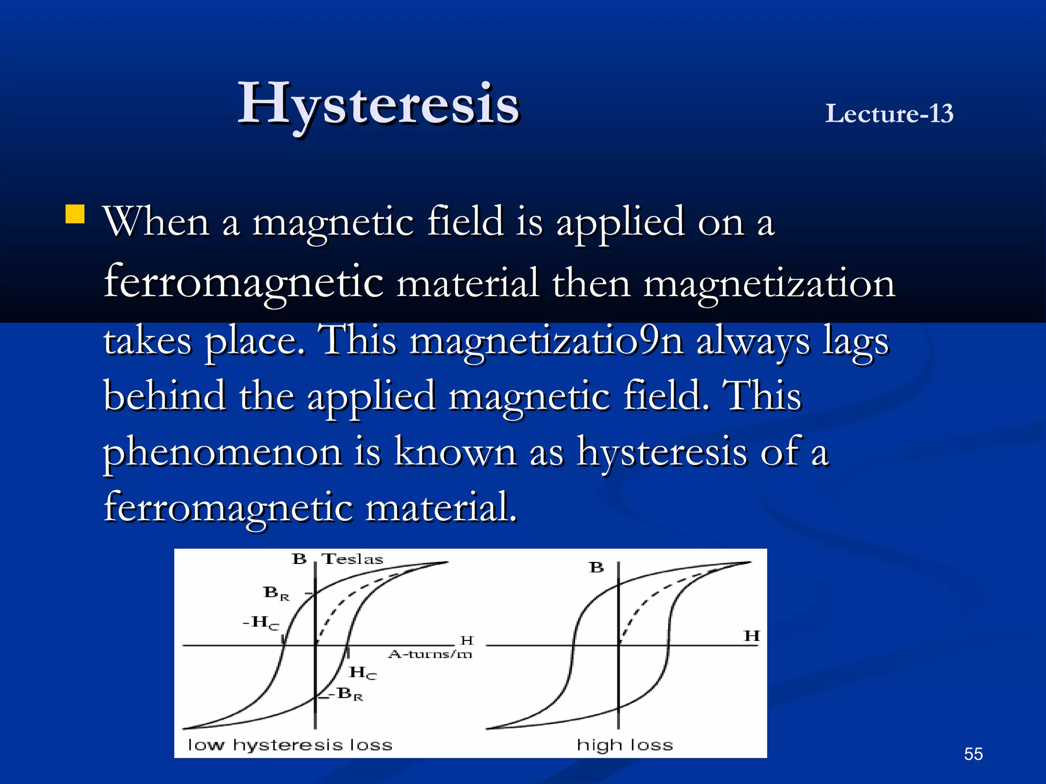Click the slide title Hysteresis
378,105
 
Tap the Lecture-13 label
889,113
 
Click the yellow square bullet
75,214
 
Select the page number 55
973,754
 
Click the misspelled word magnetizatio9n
546,340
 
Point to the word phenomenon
223,453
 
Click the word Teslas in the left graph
352,559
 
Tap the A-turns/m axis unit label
430,654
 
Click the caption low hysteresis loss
290,745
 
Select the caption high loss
625,745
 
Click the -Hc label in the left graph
261,622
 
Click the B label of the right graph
596,568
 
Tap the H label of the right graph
752,636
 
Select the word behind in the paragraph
164,396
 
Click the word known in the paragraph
455,452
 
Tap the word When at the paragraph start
156,222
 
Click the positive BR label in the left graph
276,593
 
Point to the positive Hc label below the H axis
363,673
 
